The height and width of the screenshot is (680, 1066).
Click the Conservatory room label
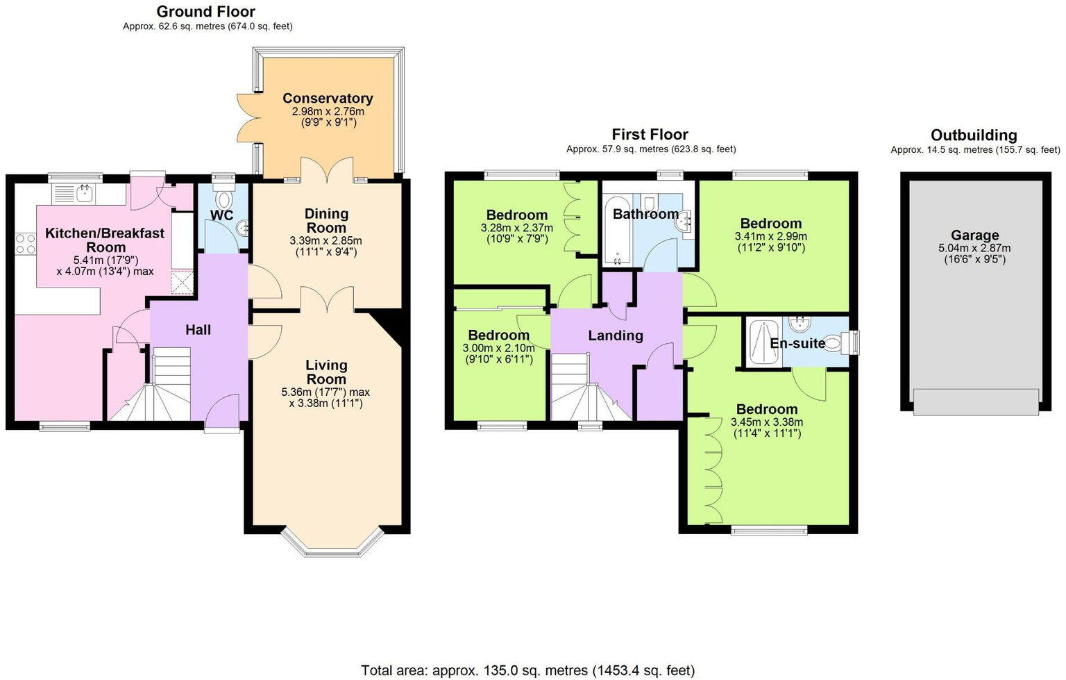pos(327,99)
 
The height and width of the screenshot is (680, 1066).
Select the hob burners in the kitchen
pos(26,244)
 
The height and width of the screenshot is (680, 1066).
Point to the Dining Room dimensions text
pos(326,246)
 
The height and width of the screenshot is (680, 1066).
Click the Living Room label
pos(326,372)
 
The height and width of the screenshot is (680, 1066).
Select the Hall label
pos(198,330)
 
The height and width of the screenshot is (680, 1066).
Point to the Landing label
pos(615,336)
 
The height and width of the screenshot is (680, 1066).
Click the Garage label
pos(974,235)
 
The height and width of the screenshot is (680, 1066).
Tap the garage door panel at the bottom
pos(976,402)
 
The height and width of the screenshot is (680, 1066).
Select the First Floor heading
pos(650,135)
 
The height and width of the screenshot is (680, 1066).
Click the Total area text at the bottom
pos(527,670)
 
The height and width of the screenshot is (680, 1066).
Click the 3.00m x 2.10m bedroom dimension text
pos(498,354)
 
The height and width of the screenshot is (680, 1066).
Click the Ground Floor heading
pos(205,12)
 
